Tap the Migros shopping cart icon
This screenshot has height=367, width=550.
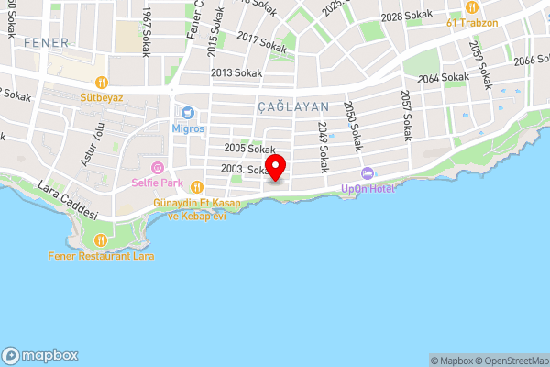pos(189,114)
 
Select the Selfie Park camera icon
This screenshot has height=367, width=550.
pos(158,168)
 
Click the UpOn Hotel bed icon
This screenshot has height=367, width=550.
pos(368,173)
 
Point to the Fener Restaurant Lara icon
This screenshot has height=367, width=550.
pos(101,240)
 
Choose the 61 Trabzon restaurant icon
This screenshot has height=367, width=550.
pos(475,7)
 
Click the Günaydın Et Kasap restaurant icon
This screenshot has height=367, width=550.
pos(196,187)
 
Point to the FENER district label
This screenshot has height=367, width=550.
pos(47,43)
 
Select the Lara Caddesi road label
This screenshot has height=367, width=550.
pos(69,199)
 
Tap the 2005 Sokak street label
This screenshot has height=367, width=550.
pos(249,149)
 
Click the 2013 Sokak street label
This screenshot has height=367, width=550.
pos(236,72)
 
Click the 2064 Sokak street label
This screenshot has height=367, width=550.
pos(443,78)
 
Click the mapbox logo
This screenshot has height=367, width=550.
pos(40,355)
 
